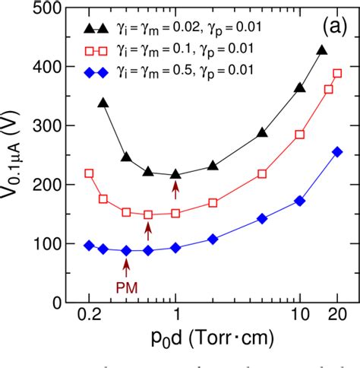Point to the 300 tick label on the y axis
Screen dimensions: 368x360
tap(49, 126)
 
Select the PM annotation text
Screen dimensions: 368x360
tap(126, 287)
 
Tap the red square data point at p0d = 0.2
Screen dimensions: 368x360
tap(89, 173)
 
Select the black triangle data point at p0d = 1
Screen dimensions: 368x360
tap(176, 174)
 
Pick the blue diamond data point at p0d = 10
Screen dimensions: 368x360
tap(299, 201)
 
